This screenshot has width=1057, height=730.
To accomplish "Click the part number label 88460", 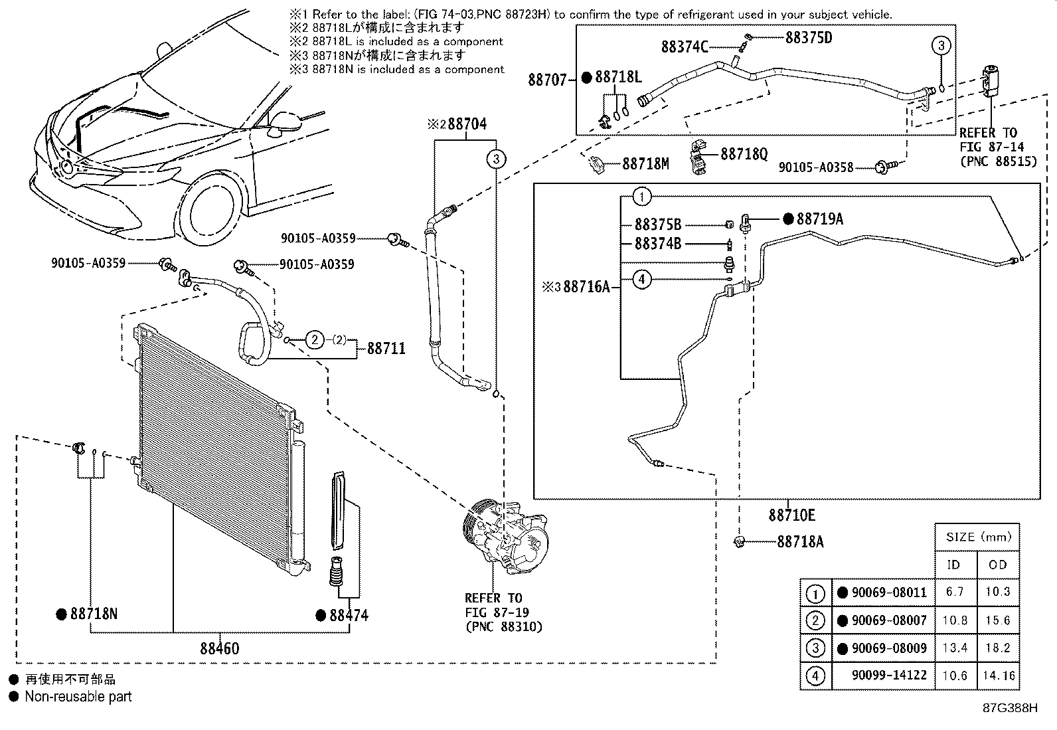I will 219,648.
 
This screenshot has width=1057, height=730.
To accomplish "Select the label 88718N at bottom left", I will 94,614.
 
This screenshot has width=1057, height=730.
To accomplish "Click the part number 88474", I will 349,615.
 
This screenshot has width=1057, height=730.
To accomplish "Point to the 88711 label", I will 386,348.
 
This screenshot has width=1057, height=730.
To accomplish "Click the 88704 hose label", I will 467,124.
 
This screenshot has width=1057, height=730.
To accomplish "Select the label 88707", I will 548,80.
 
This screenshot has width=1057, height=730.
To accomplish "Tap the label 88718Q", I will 744,154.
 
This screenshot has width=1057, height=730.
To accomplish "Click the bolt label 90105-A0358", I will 815,168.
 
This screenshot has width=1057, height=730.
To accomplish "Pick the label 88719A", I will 819,219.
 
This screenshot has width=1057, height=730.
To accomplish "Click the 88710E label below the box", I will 791,515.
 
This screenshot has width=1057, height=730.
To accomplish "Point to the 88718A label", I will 800,542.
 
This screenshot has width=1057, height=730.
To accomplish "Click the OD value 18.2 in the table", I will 997,648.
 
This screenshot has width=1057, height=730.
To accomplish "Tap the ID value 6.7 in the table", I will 955,592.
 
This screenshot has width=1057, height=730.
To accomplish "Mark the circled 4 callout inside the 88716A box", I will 641,280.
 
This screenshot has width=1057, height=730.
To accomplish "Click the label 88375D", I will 808,38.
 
